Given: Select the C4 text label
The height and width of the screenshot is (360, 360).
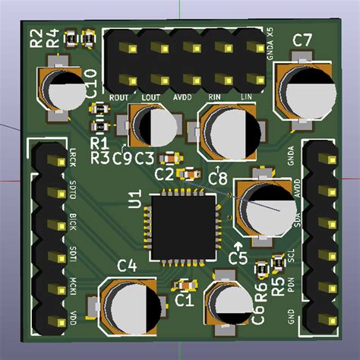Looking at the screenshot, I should pos(127,265).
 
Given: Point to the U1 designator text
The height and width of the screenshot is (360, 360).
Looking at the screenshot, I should pos(135,200).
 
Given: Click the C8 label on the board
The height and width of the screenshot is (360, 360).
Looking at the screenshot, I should pos(218,177).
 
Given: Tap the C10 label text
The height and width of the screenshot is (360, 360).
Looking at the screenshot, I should pos(90,80).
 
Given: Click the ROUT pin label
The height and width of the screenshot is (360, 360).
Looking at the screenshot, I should pos(119,97).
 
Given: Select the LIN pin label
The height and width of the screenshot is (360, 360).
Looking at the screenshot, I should pos(246,97).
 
